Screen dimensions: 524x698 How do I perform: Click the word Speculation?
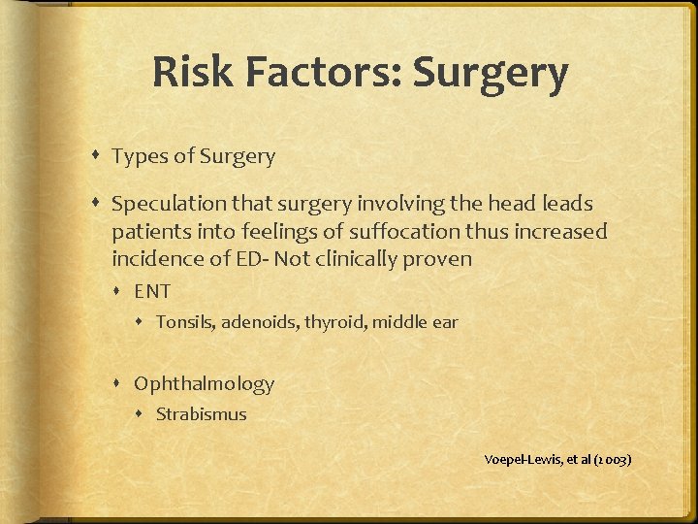167,206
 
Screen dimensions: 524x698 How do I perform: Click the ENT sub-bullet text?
152,291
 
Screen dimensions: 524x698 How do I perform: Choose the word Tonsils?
185,321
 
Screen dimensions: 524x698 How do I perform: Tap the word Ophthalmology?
204,384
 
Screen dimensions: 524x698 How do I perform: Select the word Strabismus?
201,414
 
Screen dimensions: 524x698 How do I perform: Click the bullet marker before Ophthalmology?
122,384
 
